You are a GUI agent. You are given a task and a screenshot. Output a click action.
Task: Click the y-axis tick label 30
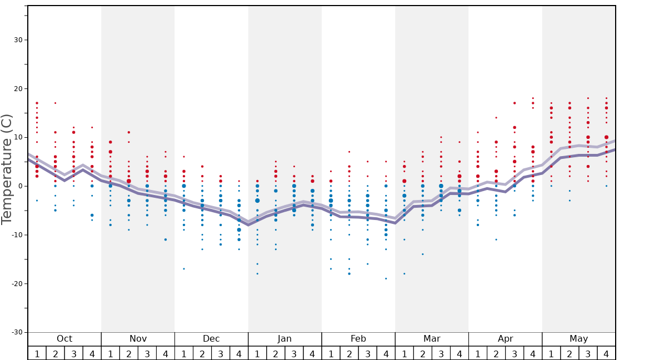click(17, 40)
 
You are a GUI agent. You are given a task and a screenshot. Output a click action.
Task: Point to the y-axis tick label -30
click(16, 332)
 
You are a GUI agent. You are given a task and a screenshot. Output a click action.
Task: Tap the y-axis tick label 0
click(19, 186)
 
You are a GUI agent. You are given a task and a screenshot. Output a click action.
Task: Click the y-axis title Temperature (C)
click(7, 169)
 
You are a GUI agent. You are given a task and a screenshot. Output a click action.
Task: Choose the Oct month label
click(64, 339)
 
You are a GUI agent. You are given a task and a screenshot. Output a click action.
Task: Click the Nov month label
click(138, 339)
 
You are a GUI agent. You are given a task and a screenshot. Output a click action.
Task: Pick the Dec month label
click(211, 339)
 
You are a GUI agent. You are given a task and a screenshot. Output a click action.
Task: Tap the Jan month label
click(284, 339)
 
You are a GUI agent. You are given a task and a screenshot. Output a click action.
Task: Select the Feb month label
click(358, 339)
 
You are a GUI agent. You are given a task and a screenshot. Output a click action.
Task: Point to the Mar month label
click(432, 339)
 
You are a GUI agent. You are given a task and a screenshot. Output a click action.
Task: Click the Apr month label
click(505, 339)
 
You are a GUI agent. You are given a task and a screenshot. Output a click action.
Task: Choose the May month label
click(578, 339)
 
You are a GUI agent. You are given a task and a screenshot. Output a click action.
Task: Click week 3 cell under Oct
click(74, 353)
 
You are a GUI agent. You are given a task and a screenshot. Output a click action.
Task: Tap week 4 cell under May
click(606, 353)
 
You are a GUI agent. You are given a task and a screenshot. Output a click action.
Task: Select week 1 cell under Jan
click(257, 353)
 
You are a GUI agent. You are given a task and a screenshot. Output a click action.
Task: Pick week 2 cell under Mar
click(422, 353)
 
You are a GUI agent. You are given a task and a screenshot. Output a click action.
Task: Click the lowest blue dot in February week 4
click(386, 278)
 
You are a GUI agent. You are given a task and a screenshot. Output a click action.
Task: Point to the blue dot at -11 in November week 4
click(166, 239)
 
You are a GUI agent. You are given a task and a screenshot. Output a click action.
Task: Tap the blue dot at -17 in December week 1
click(184, 269)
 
